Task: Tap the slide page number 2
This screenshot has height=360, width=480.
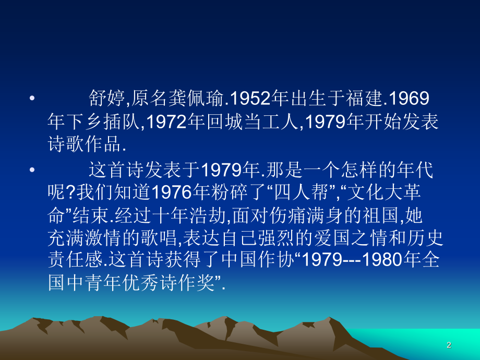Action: pyautogui.click(x=449, y=345)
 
